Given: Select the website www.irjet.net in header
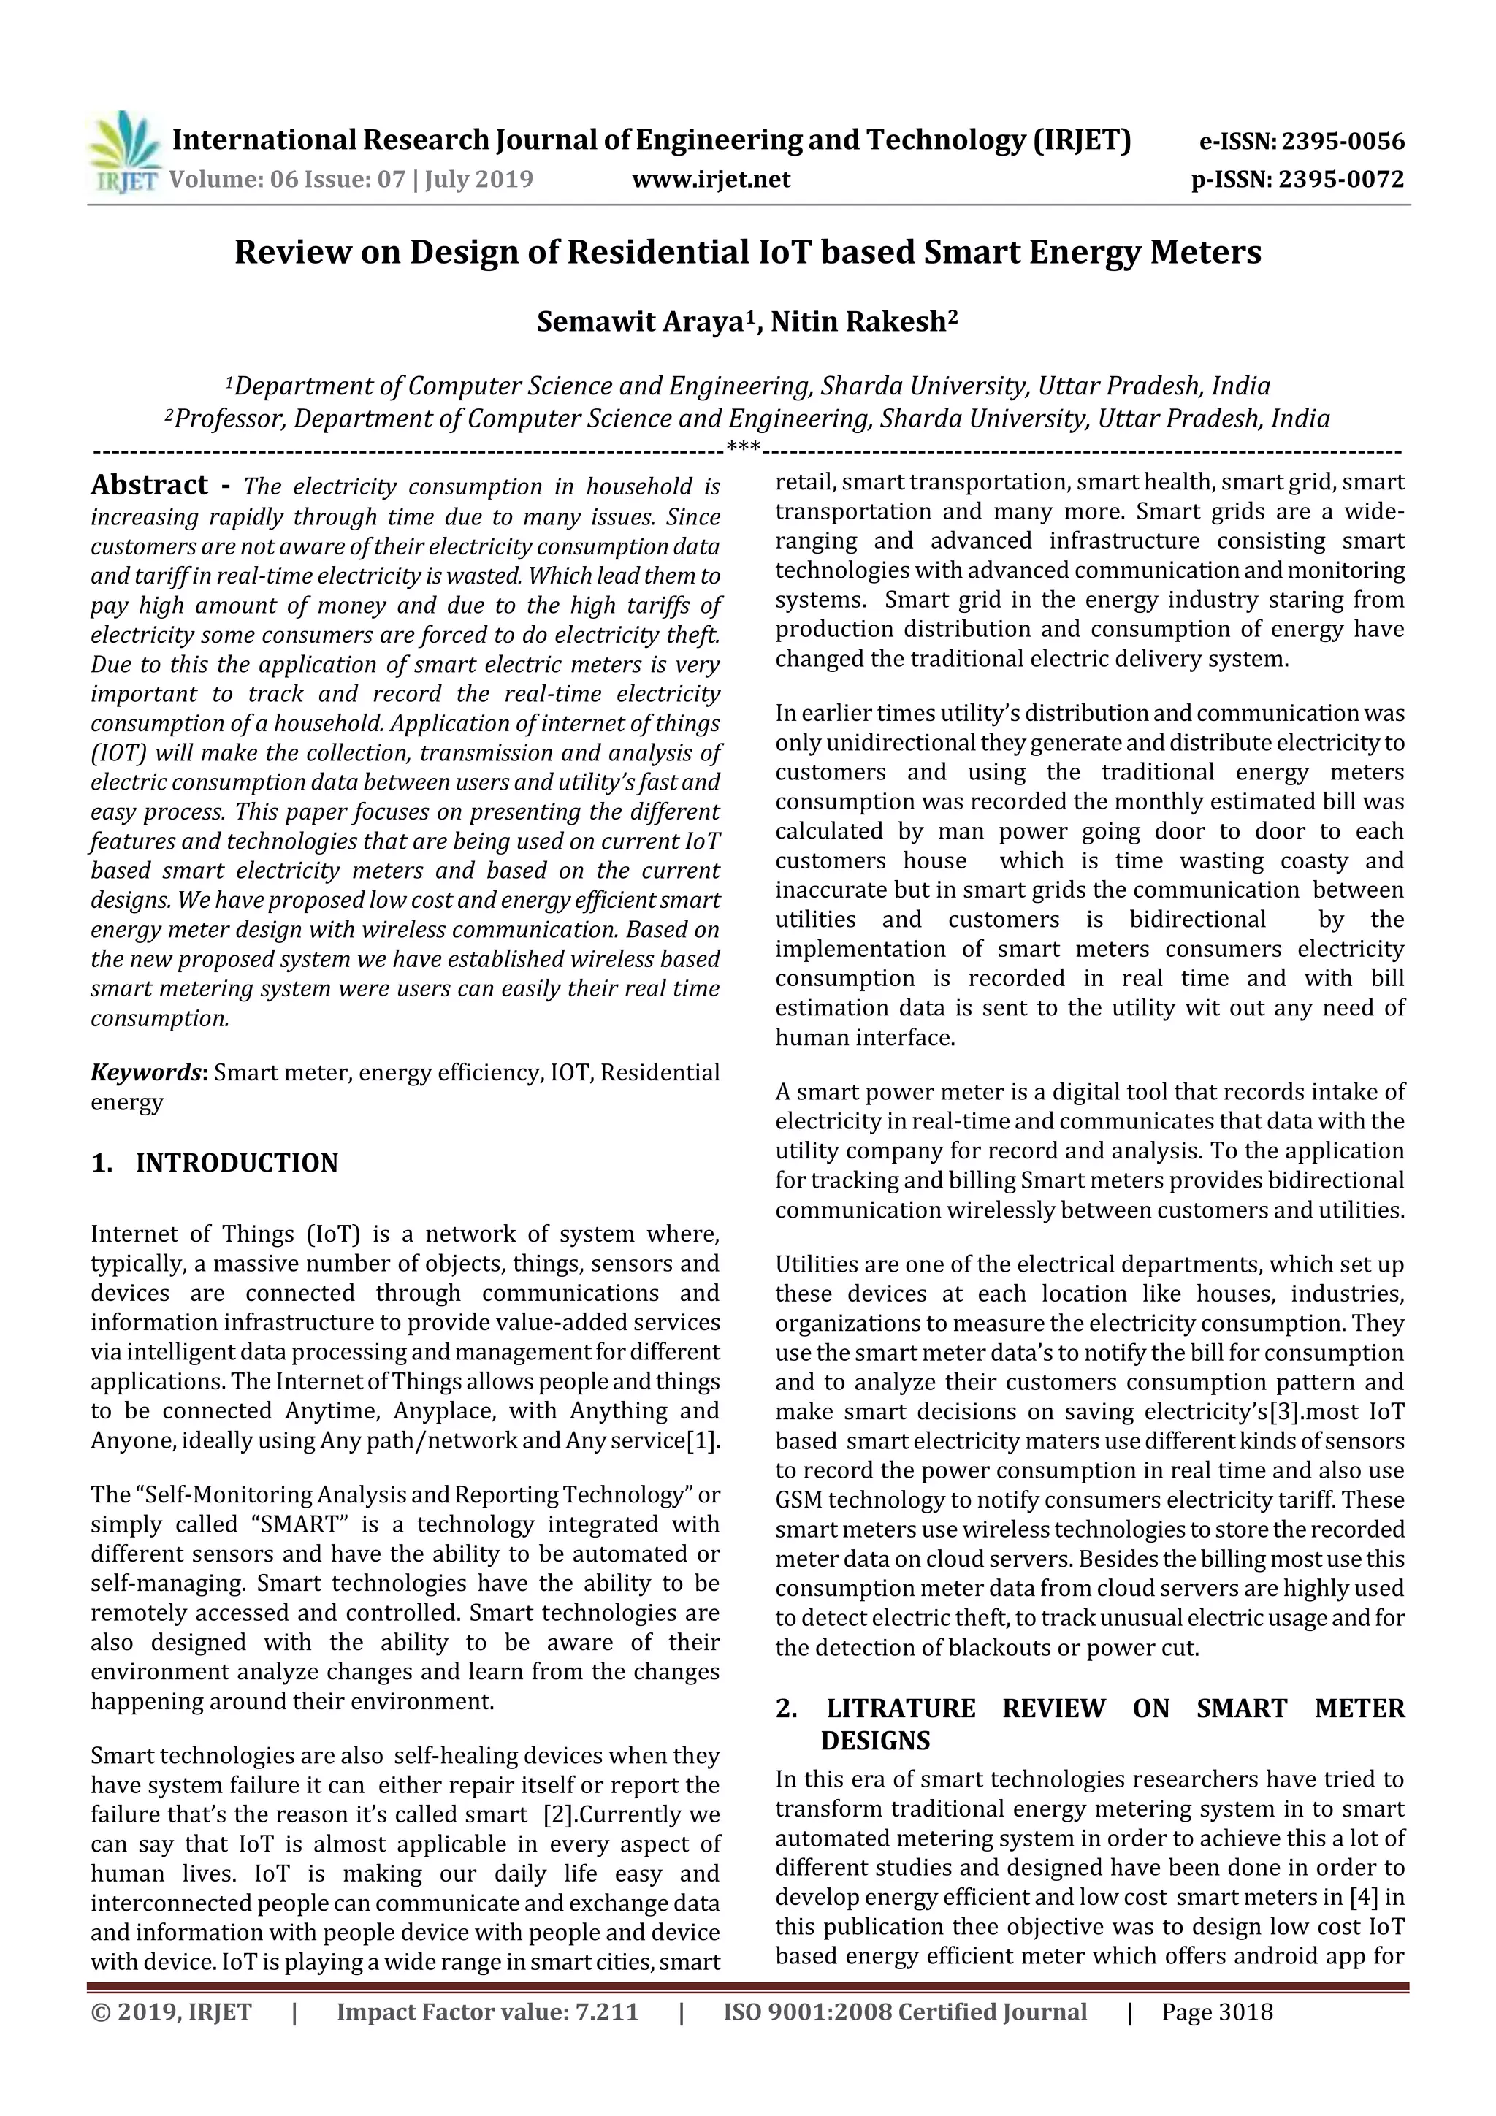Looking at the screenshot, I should [711, 180].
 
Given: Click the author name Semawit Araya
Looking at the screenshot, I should [641, 323].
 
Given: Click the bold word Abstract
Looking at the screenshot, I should [149, 486].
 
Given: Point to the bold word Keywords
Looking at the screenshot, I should [148, 1073].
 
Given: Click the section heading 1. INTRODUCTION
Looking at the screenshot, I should [215, 1163].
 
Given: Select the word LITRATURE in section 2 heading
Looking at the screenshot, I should [901, 1708].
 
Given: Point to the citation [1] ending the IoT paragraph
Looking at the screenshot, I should [703, 1440].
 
